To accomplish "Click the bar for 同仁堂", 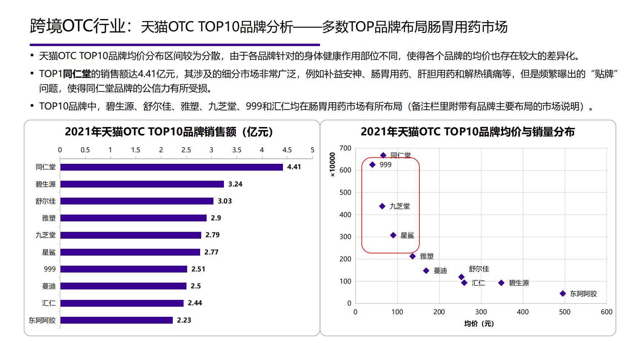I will click(171, 167).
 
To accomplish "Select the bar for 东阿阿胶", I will click(116, 320).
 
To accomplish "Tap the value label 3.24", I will click(235, 184).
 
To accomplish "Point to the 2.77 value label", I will click(211, 252).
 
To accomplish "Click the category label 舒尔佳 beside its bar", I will click(45, 201).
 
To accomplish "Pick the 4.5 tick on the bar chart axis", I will click(287, 150).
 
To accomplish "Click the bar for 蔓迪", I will click(123, 286).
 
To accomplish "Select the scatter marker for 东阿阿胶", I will click(563, 294).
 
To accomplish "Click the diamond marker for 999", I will click(373, 165).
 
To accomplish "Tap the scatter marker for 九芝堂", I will click(382, 206).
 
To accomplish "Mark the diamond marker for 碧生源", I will click(501, 283).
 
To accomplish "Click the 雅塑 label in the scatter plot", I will click(427, 256).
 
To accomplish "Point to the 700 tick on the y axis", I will click(345, 148).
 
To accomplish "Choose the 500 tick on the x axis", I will click(564, 312).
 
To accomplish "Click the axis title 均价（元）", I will click(479, 324).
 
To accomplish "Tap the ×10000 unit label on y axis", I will click(332, 165).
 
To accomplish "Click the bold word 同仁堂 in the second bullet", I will click(77, 74).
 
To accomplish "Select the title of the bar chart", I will click(169, 132).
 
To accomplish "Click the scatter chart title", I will click(467, 132).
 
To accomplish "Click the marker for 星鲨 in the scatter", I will click(393, 235).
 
